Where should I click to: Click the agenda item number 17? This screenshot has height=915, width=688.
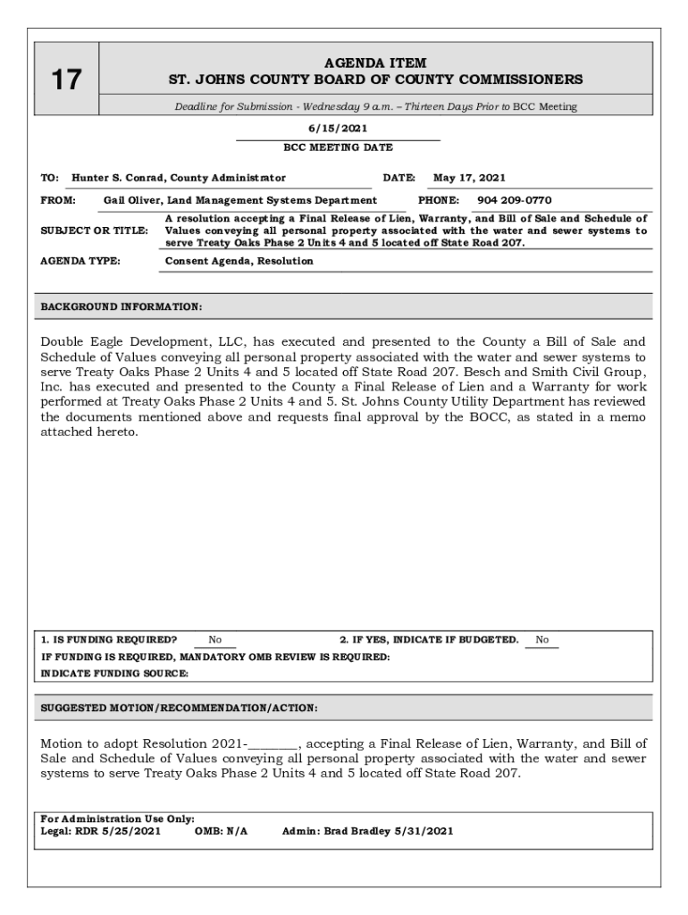pos(65,80)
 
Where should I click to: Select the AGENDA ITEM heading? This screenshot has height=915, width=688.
pos(375,63)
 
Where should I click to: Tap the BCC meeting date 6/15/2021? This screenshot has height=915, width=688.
pos(338,129)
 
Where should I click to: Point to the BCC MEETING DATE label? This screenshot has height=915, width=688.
pos(338,147)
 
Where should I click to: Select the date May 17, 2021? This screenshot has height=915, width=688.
pos(469,178)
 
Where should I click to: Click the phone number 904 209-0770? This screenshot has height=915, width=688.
pos(514,200)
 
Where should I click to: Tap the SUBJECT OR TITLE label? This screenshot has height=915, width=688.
pos(94,231)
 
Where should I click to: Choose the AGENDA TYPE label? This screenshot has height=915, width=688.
pos(80,261)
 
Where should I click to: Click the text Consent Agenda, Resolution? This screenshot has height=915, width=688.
pos(239,261)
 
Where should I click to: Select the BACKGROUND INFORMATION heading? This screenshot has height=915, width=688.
pos(122,307)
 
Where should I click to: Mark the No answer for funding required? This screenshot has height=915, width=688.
pos(215,640)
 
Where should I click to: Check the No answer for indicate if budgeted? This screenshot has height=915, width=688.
pos(541,640)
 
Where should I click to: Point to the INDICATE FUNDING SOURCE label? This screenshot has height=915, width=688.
pos(114,674)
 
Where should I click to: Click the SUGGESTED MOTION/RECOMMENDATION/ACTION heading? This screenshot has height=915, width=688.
pos(179,708)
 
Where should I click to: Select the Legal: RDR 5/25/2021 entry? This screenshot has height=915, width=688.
pos(101,831)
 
